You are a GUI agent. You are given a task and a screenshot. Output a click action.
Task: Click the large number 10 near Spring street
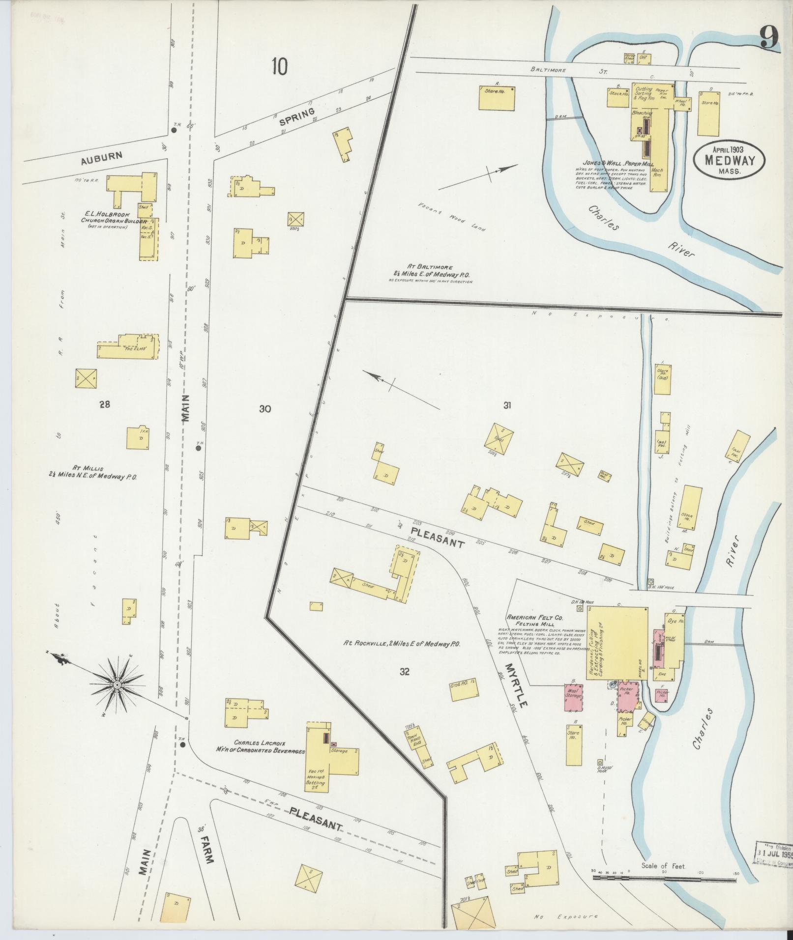[x=279, y=67]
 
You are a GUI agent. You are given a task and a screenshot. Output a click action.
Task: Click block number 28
[x=104, y=404]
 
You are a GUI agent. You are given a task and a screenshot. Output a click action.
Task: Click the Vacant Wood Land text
[x=452, y=216]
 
